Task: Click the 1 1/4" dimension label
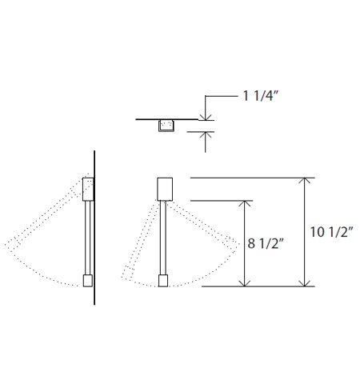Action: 259,97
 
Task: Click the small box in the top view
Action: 167,125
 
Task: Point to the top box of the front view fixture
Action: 165,189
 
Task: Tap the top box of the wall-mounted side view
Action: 89,190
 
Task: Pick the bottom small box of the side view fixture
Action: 88,281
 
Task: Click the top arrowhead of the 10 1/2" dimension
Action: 303,182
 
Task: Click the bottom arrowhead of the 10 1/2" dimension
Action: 303,282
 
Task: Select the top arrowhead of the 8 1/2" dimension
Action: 246,206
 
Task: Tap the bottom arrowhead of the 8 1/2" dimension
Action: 246,282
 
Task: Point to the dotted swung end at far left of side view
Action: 10,246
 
